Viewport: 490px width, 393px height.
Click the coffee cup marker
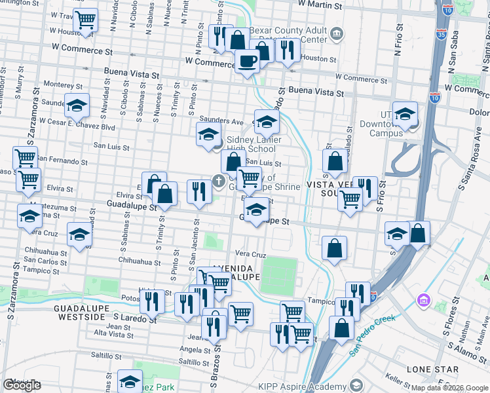click(x=247, y=61)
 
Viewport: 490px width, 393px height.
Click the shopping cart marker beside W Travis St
click(x=85, y=20)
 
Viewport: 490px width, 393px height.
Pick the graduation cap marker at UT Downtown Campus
click(x=405, y=113)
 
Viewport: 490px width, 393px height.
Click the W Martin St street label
click(x=320, y=5)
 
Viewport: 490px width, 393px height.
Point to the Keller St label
click(x=398, y=378)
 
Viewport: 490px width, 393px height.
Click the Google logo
click(x=22, y=385)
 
